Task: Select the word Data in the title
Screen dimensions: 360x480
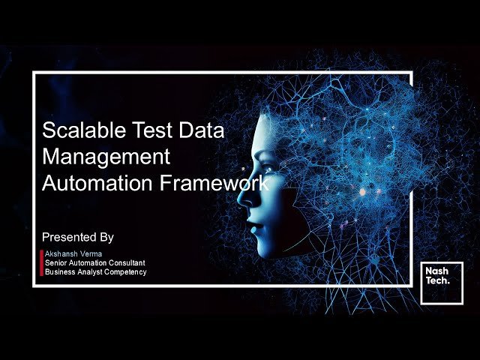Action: coord(199,130)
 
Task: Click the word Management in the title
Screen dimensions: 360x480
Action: coord(107,157)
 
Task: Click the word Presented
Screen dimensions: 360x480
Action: coord(70,237)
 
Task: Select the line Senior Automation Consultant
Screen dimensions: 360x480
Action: coord(94,263)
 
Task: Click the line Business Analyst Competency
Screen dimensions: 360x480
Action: coord(95,271)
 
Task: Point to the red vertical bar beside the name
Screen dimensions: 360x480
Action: coord(41,263)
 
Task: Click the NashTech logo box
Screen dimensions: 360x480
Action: coord(441,283)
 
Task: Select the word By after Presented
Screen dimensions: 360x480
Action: coord(106,237)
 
